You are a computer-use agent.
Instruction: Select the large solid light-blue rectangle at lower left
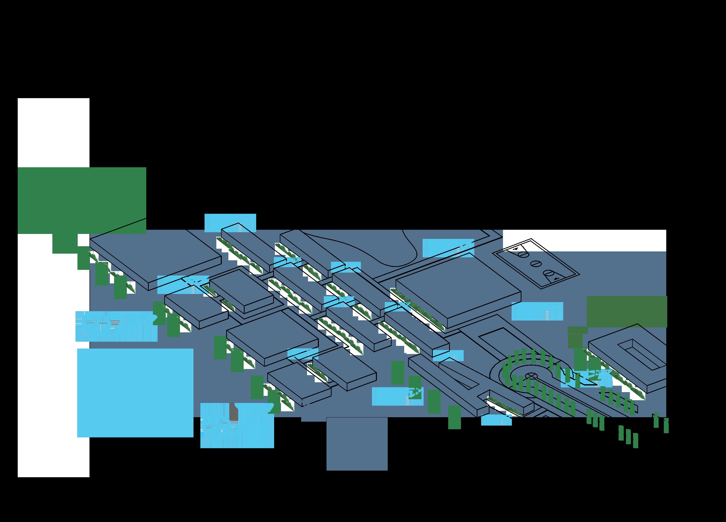pos(135,393)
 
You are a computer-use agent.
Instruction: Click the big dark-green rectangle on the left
pos(82,200)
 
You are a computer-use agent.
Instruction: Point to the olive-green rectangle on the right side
pos(627,312)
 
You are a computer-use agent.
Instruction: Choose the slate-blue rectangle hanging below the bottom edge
pos(357,444)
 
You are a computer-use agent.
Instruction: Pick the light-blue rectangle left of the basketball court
pos(448,248)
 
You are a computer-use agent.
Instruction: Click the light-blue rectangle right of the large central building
pos(537,311)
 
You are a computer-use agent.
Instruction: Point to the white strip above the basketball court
pos(584,240)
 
